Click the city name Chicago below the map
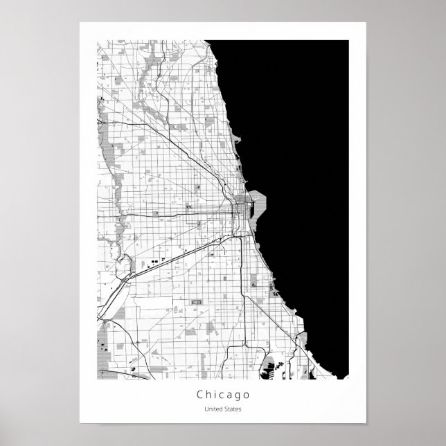pyautogui.click(x=222, y=395)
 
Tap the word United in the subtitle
pyautogui.click(x=214, y=409)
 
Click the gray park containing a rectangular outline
pyautogui.click(x=195, y=303)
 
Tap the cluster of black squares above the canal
pyautogui.click(x=150, y=263)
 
